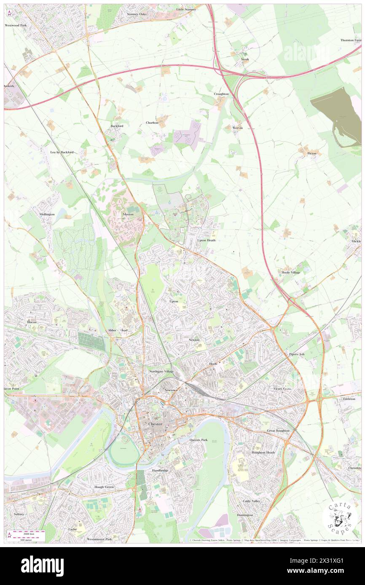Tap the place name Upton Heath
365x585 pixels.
coord(207,240)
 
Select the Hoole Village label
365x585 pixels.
coord(291,273)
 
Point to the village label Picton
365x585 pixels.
coord(312,153)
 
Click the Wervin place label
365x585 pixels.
coord(238,128)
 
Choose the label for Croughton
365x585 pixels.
coord(221,94)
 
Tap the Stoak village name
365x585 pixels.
coord(245,59)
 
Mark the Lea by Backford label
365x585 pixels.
coord(62,152)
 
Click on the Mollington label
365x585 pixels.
coord(47,214)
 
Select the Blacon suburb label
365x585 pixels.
coord(32,322)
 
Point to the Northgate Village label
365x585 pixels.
coord(161,372)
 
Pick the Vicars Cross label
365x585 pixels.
coord(282,388)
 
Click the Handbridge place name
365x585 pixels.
coord(160,470)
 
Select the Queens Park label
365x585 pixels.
coord(198,439)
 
